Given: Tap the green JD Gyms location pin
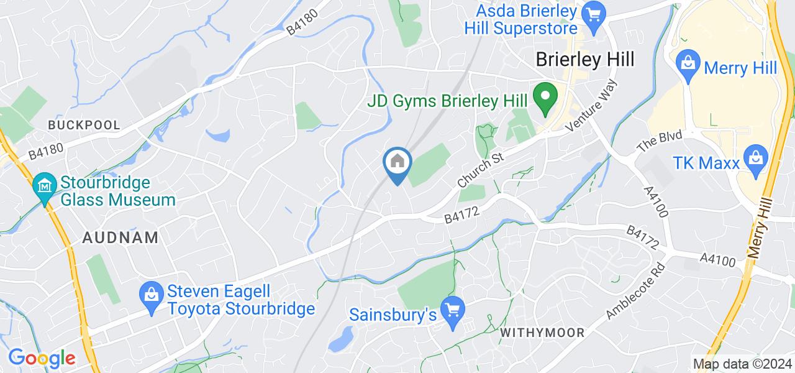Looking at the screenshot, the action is [546, 98].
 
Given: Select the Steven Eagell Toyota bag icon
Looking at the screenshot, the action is [152, 292].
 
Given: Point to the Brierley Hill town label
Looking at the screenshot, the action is [585, 60].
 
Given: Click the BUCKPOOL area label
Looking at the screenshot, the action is [84, 125].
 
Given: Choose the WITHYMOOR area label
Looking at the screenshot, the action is [542, 333].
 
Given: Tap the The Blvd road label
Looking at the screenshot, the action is [660, 142].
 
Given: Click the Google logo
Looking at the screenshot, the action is [41, 358].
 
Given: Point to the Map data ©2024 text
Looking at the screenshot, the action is [742, 364].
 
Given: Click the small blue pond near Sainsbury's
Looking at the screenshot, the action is [339, 339].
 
